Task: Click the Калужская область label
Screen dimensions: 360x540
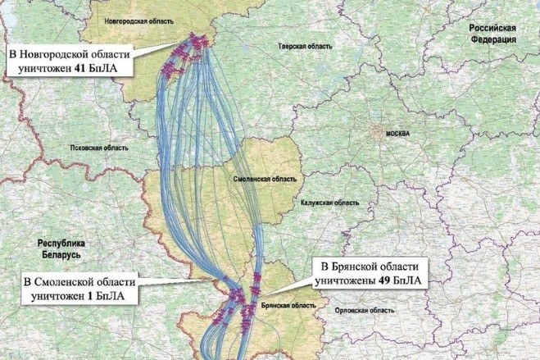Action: coord(329,202)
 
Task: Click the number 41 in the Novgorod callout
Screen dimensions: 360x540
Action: coord(80,70)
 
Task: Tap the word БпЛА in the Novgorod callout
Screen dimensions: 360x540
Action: coord(107,70)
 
